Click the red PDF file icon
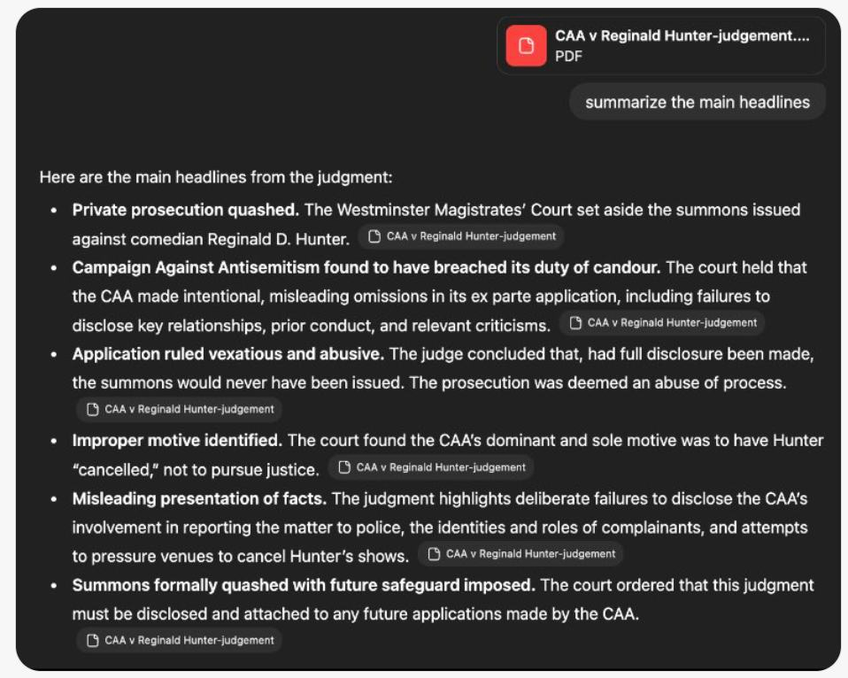point(527,46)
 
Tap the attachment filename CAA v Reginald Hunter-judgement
point(682,36)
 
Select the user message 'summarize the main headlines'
point(697,102)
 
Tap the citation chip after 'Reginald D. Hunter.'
point(461,236)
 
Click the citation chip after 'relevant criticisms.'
point(662,323)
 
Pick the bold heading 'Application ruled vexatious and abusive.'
point(228,354)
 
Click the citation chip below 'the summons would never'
point(180,409)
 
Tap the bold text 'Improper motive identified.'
point(177,440)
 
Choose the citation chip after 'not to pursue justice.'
point(431,466)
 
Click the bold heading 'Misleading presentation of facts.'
point(199,498)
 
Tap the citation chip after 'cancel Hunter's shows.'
point(520,554)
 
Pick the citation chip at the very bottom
point(180,640)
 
